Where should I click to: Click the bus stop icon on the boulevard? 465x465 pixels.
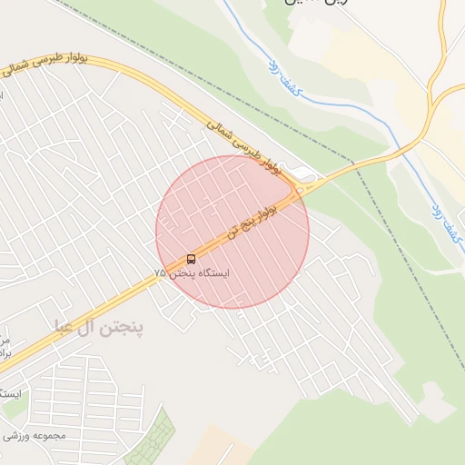[x=190, y=260]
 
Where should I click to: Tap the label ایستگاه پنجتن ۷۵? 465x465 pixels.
[x=192, y=273]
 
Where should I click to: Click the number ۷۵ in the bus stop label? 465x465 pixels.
[x=160, y=273]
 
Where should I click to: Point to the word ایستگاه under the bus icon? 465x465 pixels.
[x=213, y=273]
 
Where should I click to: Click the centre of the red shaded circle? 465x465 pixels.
[x=232, y=232]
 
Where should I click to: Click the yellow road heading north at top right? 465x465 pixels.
[x=441, y=36]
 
